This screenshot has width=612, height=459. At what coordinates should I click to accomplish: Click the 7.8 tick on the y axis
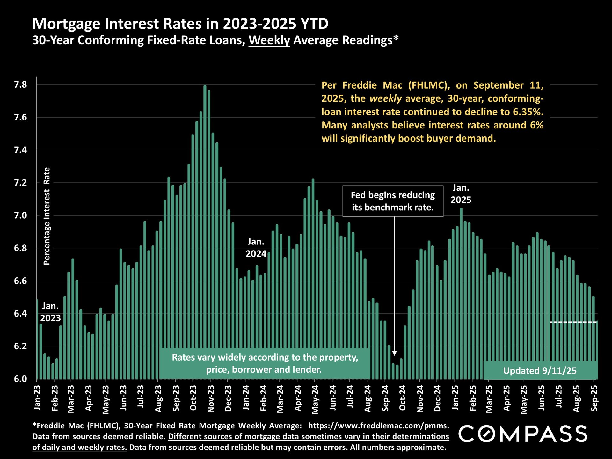tap(20, 85)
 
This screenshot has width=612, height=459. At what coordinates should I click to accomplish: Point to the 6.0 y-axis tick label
tap(20, 379)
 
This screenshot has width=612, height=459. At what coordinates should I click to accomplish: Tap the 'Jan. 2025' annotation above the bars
tap(461, 194)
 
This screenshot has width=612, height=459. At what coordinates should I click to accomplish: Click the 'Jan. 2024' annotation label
tap(256, 248)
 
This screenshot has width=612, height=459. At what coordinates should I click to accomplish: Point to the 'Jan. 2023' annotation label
tap(50, 312)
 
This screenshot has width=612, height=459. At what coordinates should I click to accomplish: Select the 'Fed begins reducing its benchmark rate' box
tap(393, 201)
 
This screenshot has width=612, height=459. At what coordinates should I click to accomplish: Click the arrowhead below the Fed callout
tap(394, 353)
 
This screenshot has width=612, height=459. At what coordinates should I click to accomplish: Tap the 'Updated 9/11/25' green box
tap(540, 370)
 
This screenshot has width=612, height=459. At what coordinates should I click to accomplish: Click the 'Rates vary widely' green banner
tap(265, 363)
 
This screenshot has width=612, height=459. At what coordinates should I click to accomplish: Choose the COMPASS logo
tap(523, 434)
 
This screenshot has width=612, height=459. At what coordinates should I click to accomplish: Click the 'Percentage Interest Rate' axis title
tap(47, 216)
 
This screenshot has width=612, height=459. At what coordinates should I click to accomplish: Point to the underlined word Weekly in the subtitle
tap(269, 40)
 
